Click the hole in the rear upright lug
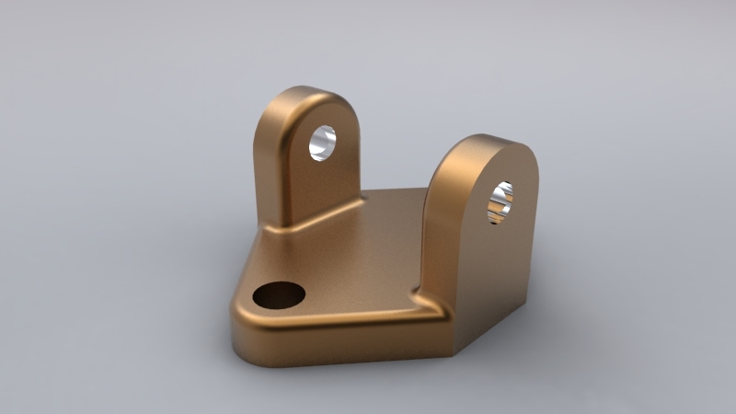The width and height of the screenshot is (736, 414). coord(323,143)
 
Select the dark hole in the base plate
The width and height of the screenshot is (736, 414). coord(279,296)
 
